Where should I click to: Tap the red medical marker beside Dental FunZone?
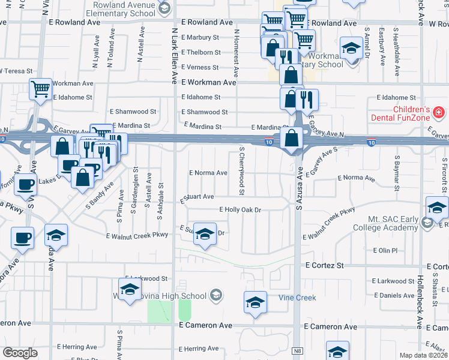point(439,112)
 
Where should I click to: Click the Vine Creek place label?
point(297,298)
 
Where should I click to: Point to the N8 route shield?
point(297,350)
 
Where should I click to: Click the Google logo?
point(20,353)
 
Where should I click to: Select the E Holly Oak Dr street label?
point(241,210)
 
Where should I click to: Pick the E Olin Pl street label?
point(385,250)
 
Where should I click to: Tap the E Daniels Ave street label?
point(393,295)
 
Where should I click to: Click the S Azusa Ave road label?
point(298,198)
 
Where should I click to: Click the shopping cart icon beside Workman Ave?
point(40,90)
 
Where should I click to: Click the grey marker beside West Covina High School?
point(216,295)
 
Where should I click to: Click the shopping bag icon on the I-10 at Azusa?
point(291,139)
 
